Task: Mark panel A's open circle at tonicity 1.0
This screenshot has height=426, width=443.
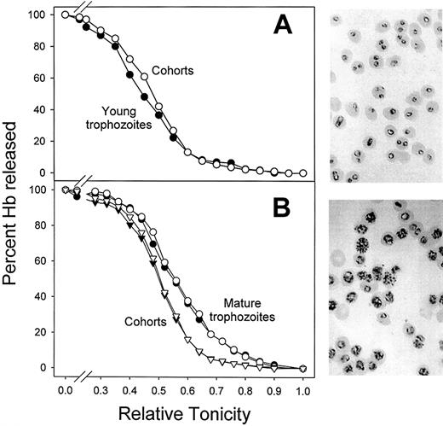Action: (303, 172)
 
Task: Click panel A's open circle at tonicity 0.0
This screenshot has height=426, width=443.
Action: (66, 15)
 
